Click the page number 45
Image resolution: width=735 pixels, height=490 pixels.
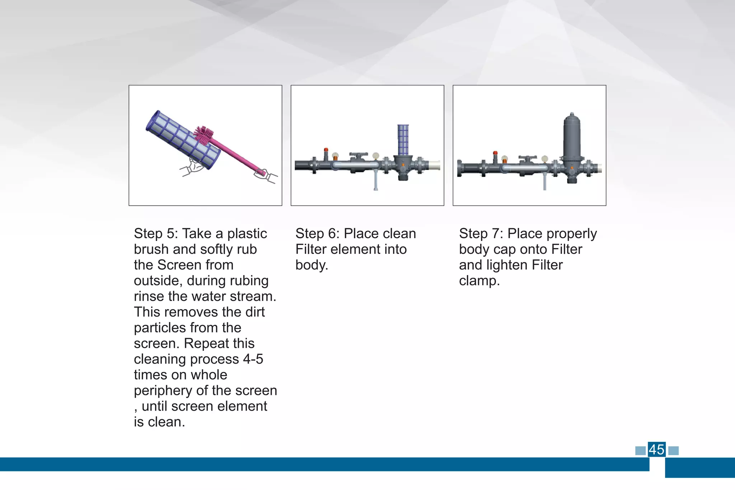pos(656,449)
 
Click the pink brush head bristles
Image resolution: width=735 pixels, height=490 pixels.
pos(204,135)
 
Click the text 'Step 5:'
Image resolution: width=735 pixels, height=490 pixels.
pos(156,234)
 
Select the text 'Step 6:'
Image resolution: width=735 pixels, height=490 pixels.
pos(317,234)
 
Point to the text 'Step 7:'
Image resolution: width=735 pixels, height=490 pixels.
pos(481,234)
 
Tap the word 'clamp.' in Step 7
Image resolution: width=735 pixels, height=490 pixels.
pos(479,281)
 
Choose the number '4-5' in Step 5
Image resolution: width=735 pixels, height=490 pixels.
pos(253,359)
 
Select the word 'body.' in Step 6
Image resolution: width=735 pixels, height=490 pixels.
pos(312,265)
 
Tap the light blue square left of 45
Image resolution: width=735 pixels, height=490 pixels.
pos(640,451)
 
